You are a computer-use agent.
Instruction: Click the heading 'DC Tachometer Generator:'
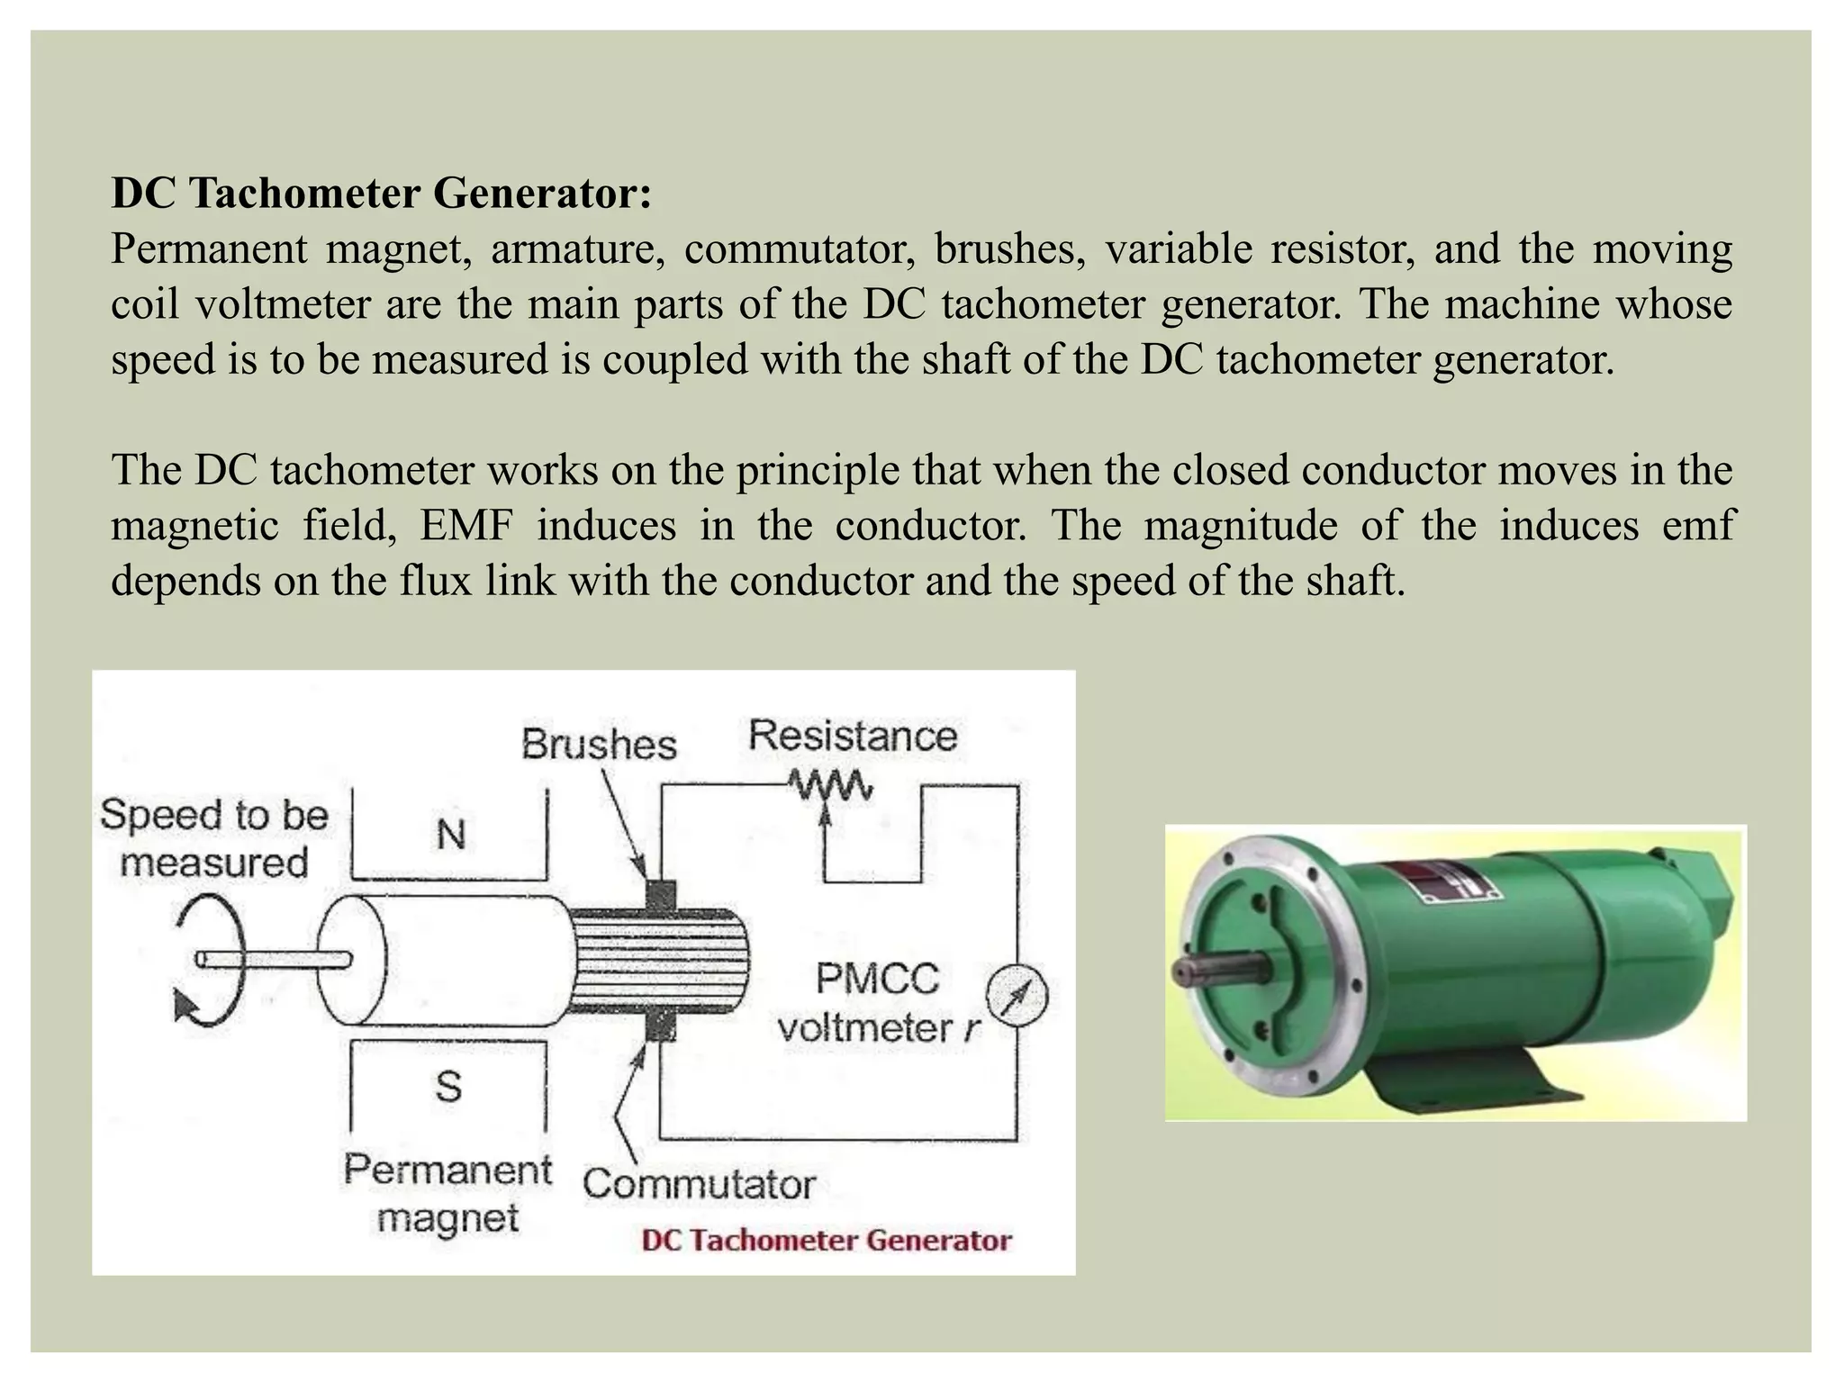[x=381, y=193]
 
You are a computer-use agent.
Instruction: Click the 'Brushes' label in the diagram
[x=599, y=745]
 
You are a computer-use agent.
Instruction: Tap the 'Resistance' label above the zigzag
[x=852, y=736]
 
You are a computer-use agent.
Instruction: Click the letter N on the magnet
[x=451, y=835]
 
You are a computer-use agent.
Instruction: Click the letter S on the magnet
[x=448, y=1087]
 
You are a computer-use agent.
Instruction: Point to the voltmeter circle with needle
[x=1017, y=996]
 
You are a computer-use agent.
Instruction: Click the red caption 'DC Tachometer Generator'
[x=826, y=1241]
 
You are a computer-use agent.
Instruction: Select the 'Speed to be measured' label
[x=214, y=838]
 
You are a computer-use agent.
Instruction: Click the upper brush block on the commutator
[x=661, y=896]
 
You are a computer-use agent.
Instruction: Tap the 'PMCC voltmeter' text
[x=877, y=1003]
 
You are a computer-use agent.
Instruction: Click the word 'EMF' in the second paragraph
[x=466, y=525]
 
